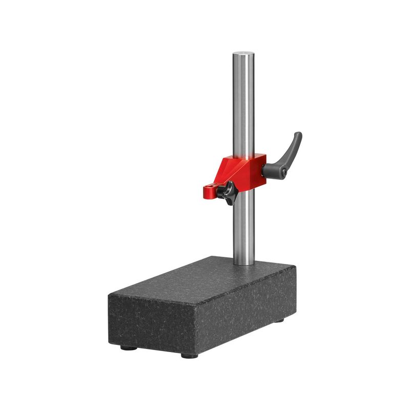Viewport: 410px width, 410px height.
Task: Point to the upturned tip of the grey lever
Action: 298,135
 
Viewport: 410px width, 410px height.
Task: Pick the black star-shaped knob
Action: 225,193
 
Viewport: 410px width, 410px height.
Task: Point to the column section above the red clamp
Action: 243,102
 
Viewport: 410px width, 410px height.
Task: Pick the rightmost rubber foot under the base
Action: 279,320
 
